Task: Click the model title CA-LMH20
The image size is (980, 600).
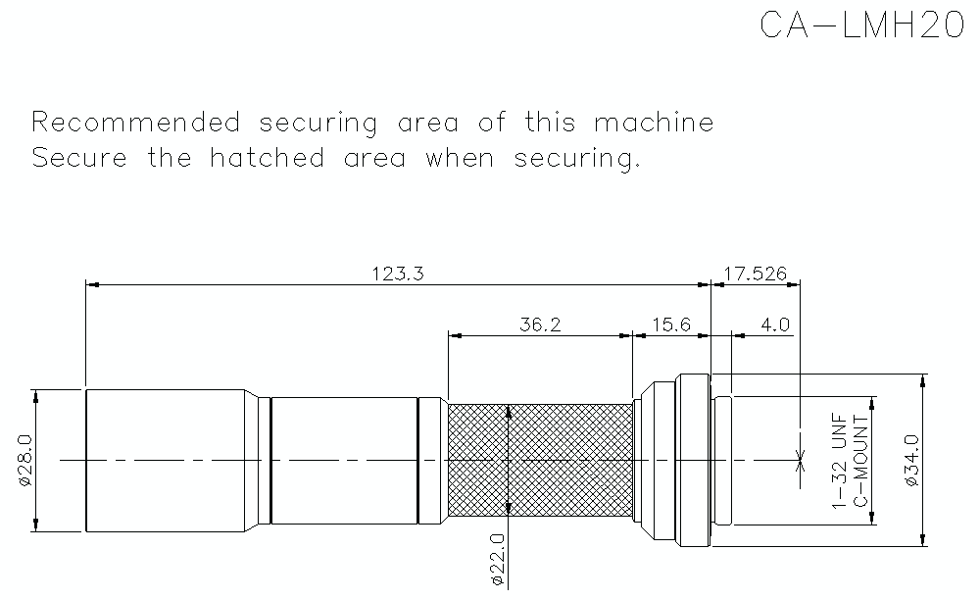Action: tap(862, 25)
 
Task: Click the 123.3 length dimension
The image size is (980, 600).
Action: tap(398, 274)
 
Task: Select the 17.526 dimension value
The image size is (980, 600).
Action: tap(755, 274)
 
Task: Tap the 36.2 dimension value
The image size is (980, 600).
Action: tap(540, 325)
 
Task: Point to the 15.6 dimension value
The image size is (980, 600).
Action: tap(670, 325)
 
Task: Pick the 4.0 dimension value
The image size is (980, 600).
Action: tap(775, 325)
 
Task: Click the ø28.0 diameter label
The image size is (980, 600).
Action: tap(26, 460)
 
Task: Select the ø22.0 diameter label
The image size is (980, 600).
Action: tap(498, 559)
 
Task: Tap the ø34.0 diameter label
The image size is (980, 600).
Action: tap(910, 460)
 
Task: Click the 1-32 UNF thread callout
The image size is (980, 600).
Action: tap(839, 460)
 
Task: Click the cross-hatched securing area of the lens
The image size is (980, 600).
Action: tap(540, 460)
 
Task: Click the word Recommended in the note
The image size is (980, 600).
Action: tap(135, 123)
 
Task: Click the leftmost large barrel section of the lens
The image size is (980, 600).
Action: tap(165, 460)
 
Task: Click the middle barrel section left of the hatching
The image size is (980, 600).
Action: tap(343, 460)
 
